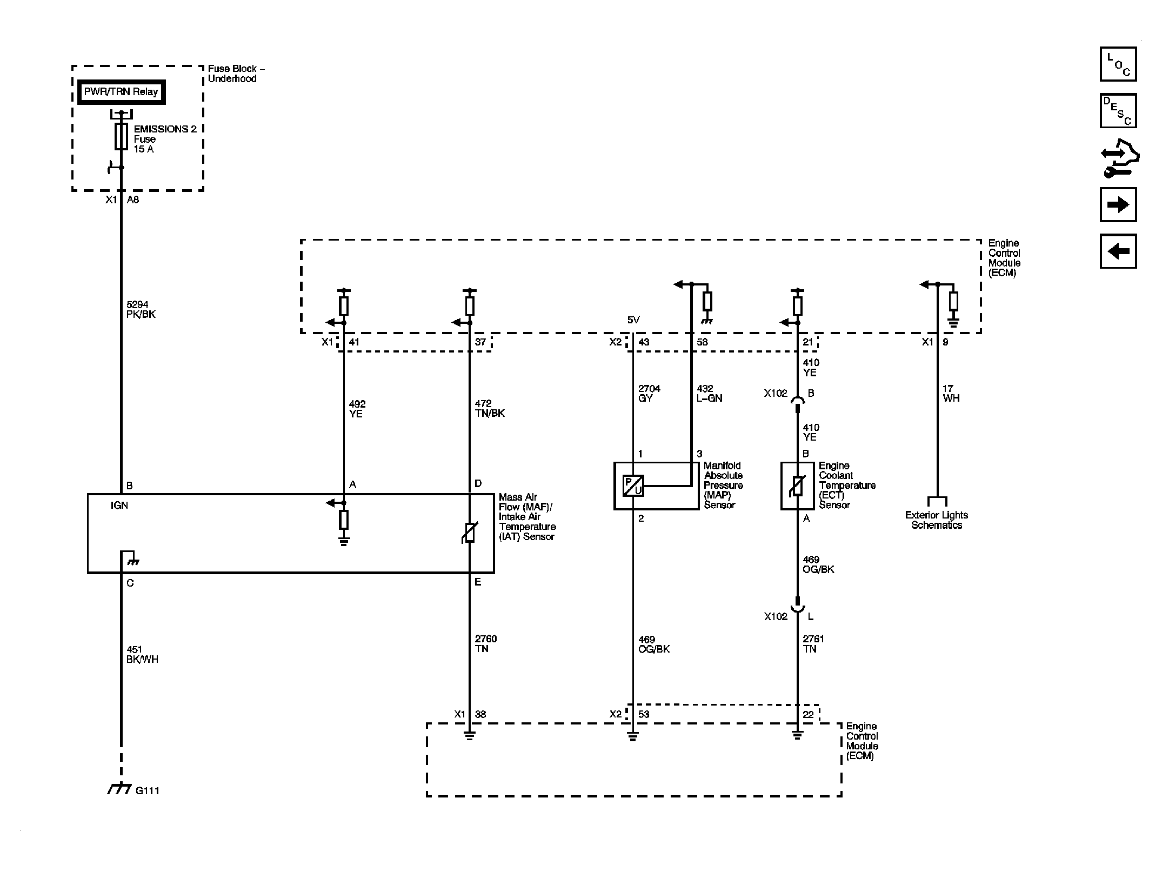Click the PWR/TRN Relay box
(x=121, y=92)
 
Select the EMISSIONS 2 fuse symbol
(x=121, y=136)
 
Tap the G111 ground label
(x=148, y=790)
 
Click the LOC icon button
(x=1118, y=64)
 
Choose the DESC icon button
(x=1118, y=111)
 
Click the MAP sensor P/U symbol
(x=633, y=486)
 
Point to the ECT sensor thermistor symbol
(x=797, y=486)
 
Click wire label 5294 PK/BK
(x=141, y=310)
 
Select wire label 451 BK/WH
(x=143, y=654)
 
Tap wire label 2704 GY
(x=649, y=393)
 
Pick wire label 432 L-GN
(x=710, y=393)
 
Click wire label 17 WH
(x=951, y=393)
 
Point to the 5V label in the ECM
(x=633, y=320)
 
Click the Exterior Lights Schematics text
(x=937, y=520)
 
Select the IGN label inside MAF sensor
(x=119, y=505)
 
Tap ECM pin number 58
(x=702, y=342)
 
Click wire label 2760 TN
(x=486, y=644)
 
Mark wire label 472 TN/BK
(x=490, y=408)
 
